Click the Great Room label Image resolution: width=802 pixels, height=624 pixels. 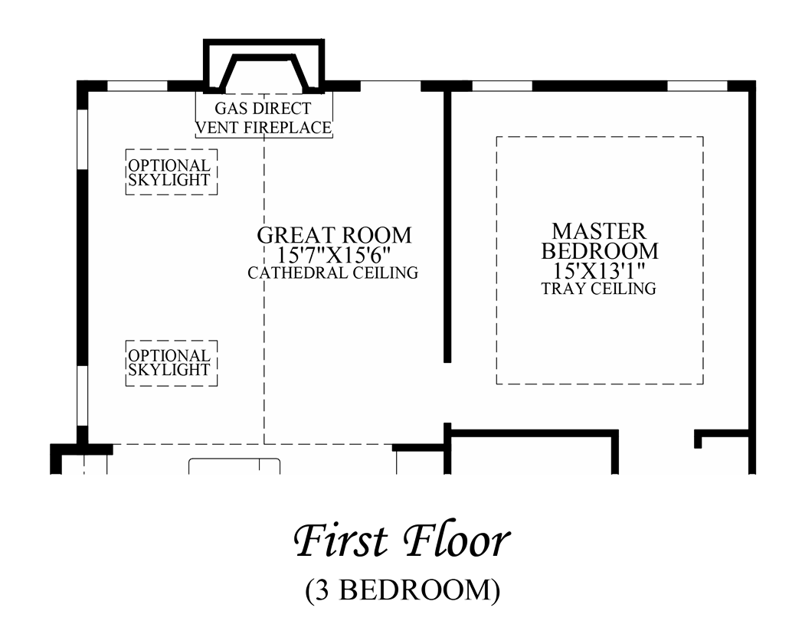334,235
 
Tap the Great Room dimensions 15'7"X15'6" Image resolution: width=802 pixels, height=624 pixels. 333,255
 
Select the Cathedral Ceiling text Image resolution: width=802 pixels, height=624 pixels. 333,273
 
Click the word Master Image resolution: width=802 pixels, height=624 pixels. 599,231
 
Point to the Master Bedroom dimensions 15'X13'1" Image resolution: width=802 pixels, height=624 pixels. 599,270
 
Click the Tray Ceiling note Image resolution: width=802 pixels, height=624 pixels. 599,289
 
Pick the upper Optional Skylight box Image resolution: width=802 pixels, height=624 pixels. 172,172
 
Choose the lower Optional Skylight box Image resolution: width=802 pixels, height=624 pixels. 172,363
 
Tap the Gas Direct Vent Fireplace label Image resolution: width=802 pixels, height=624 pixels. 264,118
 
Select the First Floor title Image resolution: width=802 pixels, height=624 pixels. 402,541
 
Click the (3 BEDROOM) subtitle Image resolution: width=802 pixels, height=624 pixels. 403,590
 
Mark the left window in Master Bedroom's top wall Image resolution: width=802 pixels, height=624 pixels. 502,86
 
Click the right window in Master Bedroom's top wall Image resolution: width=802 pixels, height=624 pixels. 698,86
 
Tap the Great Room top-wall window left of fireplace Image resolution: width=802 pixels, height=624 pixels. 137,86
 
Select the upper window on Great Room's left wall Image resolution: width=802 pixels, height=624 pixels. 82,139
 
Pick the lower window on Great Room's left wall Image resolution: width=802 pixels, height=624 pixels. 82,396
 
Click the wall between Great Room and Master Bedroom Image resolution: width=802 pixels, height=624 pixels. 447,227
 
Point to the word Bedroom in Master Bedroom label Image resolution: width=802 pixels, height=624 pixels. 600,251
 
